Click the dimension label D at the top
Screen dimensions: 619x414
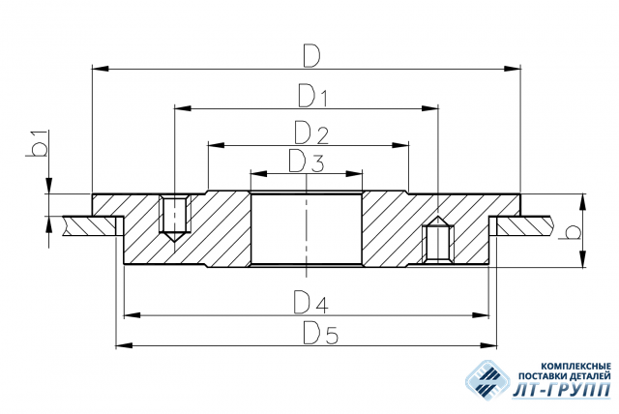[x=311, y=56]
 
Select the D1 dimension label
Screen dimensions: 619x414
[x=312, y=97]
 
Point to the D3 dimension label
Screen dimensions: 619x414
[x=307, y=161]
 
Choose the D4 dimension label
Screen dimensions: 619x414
[x=310, y=303]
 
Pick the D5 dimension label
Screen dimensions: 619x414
[x=320, y=333]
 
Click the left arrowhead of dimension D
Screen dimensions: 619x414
[x=101, y=69]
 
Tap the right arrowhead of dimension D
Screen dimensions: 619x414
[x=512, y=69]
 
